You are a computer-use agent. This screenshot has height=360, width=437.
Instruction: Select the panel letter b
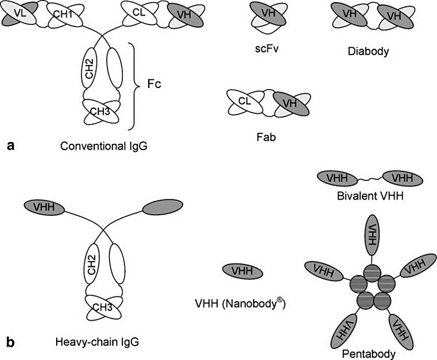[x=10, y=342]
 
